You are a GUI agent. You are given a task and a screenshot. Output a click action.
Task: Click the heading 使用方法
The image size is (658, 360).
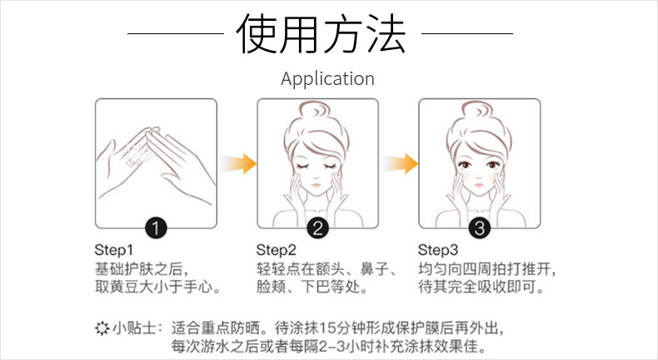pos(321,33)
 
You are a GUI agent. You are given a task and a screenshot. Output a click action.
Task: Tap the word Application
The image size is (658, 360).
pos(327,79)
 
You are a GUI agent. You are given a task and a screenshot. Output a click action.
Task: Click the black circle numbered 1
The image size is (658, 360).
pos(156,228)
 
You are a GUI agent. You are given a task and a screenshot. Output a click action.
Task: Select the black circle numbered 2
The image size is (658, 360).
pos(317,228)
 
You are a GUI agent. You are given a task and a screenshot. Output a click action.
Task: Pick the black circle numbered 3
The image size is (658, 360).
pos(480,228)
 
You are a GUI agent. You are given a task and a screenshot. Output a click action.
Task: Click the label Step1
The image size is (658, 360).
pos(114,250)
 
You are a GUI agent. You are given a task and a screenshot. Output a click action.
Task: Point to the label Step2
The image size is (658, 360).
pos(277,250)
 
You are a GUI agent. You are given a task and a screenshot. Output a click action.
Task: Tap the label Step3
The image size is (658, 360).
pos(437,250)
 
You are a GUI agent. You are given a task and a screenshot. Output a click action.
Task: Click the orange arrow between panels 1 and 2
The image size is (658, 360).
pos(239,163)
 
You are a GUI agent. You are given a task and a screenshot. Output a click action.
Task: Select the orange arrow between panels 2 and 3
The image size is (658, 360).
pos(401,163)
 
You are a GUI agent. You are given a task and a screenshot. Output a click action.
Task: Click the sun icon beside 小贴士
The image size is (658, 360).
pos(102,328)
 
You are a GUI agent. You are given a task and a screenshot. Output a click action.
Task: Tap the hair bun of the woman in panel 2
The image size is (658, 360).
pos(314,112)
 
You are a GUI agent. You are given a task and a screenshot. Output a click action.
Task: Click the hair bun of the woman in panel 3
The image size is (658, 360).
pos(476,112)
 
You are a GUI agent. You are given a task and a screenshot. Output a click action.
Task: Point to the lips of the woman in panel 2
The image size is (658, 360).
pos(316,185)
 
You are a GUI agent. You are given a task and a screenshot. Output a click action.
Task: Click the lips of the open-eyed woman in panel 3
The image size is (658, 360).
pos(478,185)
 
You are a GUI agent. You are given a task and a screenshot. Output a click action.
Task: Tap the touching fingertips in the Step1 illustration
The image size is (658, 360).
pos(150,132)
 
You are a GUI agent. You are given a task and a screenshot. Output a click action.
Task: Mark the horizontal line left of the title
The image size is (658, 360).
pos(176,33)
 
